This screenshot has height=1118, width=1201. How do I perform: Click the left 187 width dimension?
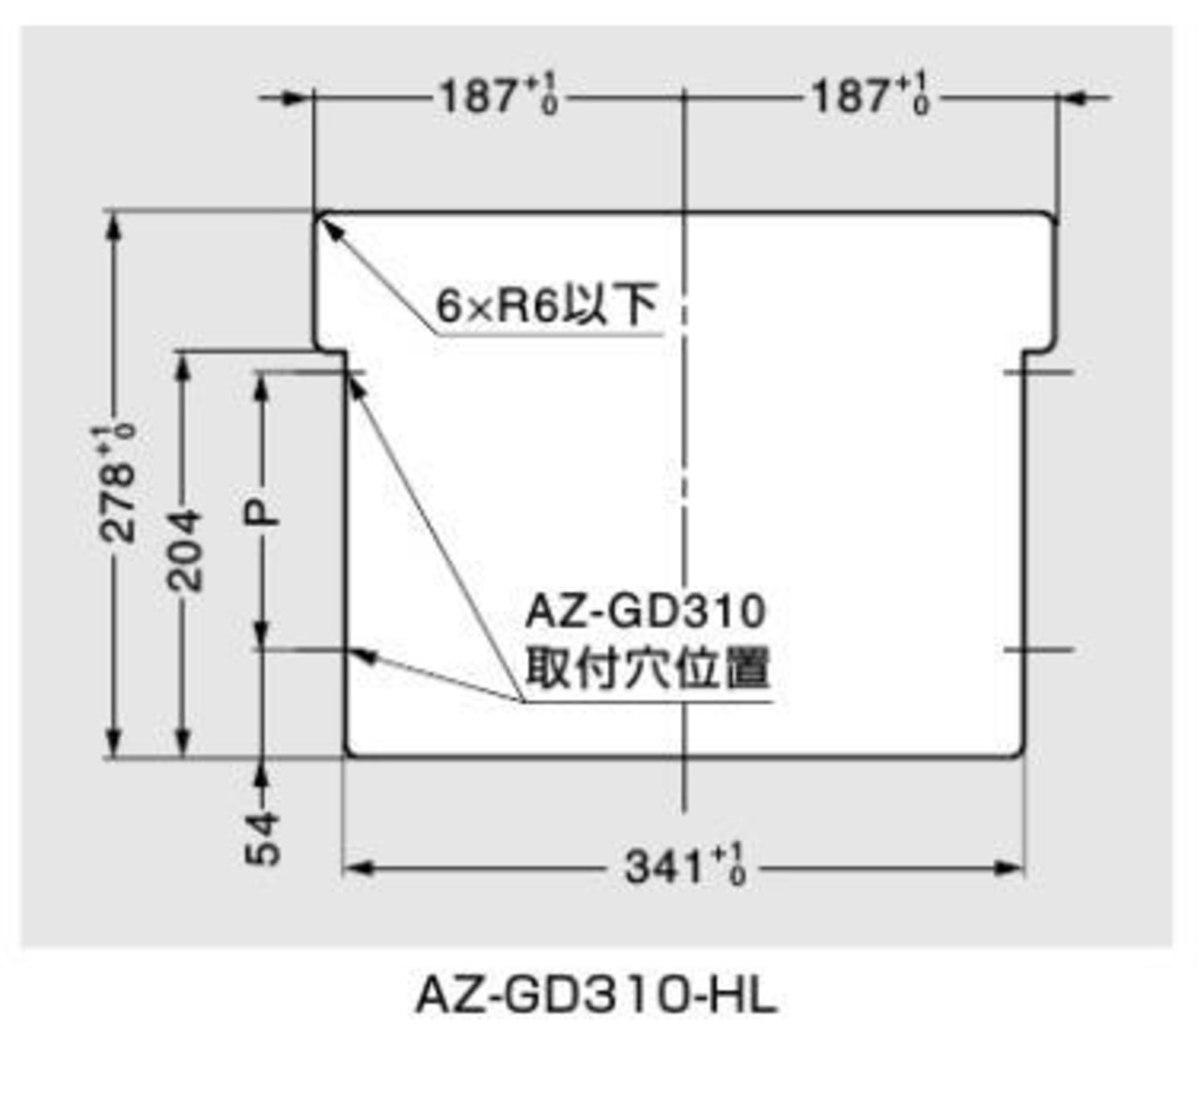click(x=497, y=97)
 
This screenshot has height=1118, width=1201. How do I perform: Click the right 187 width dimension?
click(x=869, y=97)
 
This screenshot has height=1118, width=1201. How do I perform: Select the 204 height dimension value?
click(x=185, y=551)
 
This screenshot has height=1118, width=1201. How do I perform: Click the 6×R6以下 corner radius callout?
click(x=546, y=305)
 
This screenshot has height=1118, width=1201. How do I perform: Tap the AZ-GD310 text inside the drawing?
click(x=646, y=612)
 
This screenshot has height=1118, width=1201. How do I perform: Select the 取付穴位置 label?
click(x=647, y=669)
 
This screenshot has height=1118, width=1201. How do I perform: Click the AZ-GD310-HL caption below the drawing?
click(x=597, y=996)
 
